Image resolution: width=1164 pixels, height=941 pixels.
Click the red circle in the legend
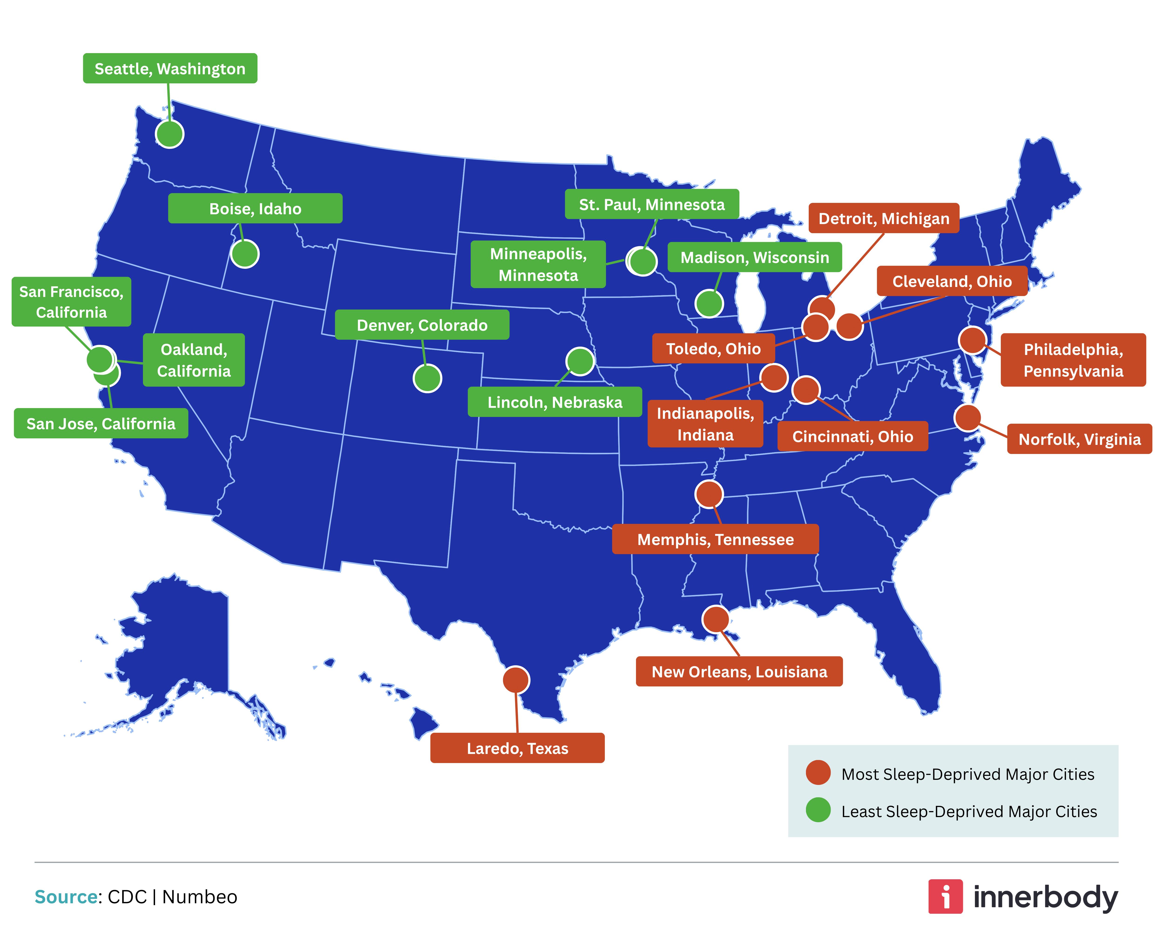click(818, 772)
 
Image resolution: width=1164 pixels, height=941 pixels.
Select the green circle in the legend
click(818, 810)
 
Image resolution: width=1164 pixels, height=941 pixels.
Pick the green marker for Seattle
click(169, 134)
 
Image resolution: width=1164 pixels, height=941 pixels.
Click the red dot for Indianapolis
click(773, 377)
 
